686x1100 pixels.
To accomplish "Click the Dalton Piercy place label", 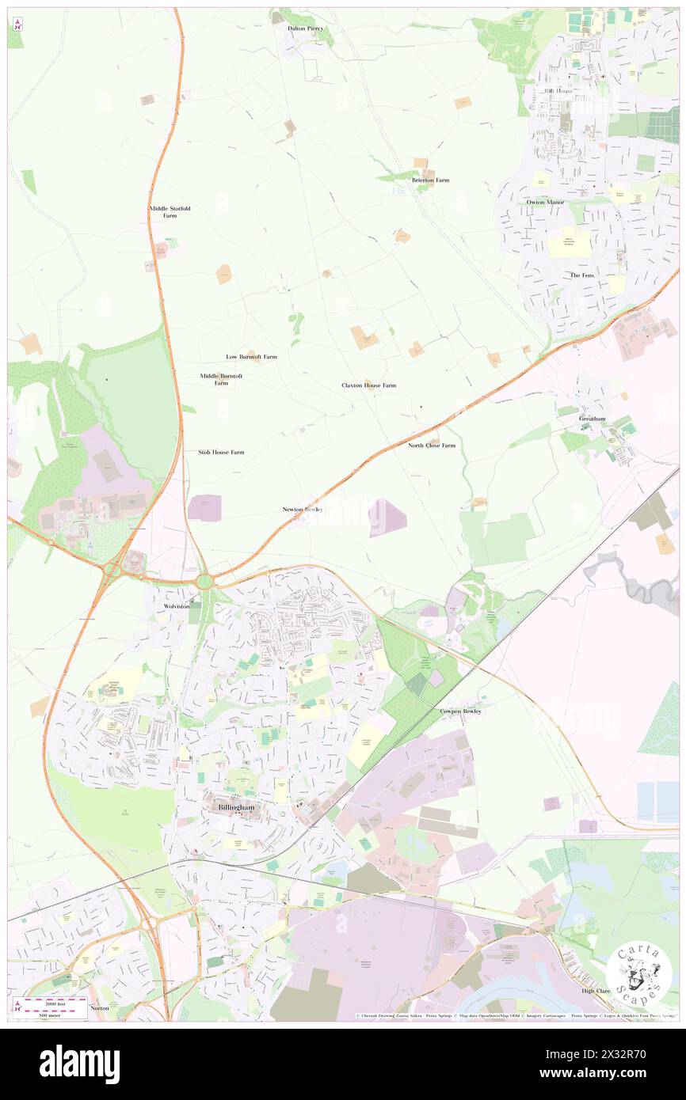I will tap(305, 28).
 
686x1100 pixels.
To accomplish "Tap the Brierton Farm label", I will tap(430, 180).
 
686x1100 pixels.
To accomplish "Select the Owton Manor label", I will tap(546, 202).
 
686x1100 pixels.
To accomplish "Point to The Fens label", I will tap(581, 275).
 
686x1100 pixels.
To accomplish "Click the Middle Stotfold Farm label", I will tap(170, 212).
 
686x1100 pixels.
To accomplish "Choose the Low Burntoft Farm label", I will tap(251, 357).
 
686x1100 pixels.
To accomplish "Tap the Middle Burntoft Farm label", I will tap(221, 379).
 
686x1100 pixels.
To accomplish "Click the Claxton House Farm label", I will tap(368, 385).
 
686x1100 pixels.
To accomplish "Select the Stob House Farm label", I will tap(221, 452).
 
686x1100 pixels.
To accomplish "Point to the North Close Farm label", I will tap(432, 446).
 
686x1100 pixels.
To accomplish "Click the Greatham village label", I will tap(592, 419).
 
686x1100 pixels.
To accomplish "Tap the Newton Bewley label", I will tap(303, 509).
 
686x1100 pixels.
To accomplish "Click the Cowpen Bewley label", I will tap(460, 711).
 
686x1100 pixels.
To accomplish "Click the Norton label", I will tap(100, 1008).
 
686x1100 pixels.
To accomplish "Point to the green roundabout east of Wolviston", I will tap(205, 582).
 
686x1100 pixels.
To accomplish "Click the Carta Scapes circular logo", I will tap(638, 973).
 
